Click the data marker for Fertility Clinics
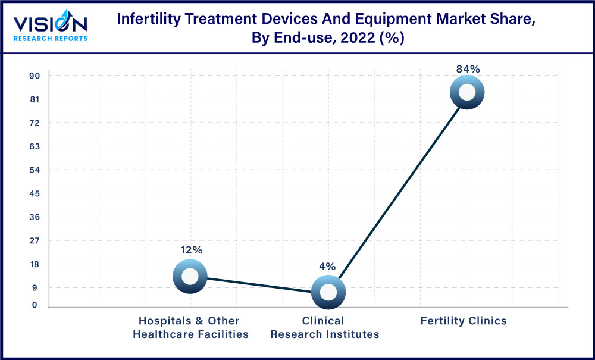tap(467, 92)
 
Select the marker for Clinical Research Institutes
tap(328, 292)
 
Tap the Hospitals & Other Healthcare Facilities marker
tap(190, 276)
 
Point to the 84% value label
tap(468, 69)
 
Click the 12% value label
tap(190, 251)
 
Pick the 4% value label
tap(327, 267)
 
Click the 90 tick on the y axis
tap(35, 76)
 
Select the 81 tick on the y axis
tap(35, 99)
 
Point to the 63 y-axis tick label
tap(35, 146)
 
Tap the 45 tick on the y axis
tap(35, 193)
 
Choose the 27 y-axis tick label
tap(35, 240)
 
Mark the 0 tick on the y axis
tap(35, 305)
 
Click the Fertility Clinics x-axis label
tap(464, 321)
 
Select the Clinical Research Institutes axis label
tap(324, 327)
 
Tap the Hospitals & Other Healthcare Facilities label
tap(190, 327)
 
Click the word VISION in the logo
tap(51, 24)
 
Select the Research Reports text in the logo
tap(51, 39)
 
